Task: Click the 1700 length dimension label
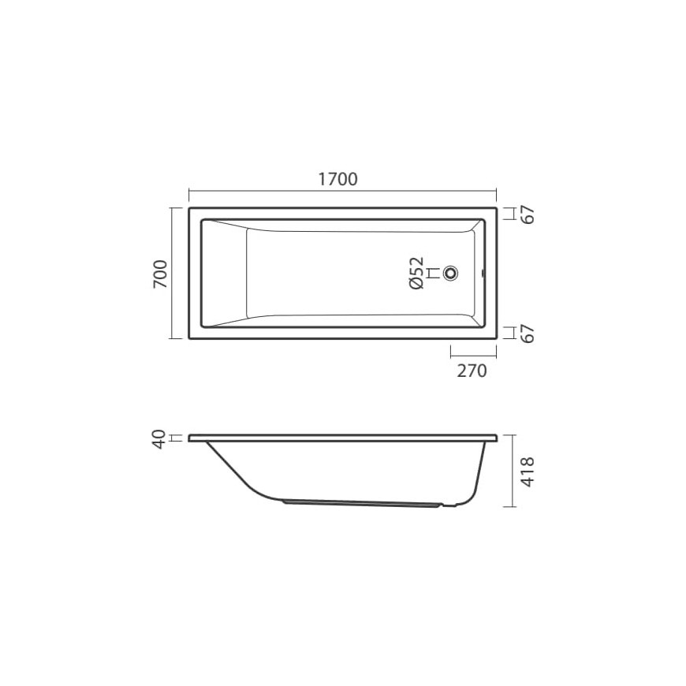coord(337,179)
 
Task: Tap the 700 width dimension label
coord(161,274)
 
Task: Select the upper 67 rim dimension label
coord(529,214)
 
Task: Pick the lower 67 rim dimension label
coord(529,334)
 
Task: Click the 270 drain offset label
coord(472,371)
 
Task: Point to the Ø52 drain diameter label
coord(416,273)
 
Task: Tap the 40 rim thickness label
coord(160,439)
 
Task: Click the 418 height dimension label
coord(528,472)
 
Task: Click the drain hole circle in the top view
coord(450,273)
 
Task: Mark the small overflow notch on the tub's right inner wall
coord(483,274)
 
